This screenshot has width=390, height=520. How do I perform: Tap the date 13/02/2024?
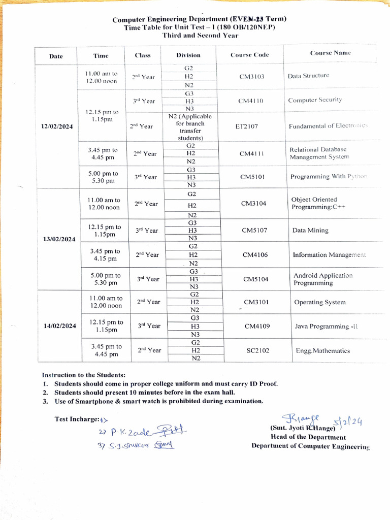(59, 239)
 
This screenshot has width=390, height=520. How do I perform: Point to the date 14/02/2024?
(60, 326)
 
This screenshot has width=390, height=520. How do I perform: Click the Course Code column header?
(249, 55)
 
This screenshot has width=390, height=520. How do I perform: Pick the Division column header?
(188, 55)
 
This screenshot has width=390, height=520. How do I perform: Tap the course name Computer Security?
(315, 100)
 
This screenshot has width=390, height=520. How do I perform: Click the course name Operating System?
(320, 302)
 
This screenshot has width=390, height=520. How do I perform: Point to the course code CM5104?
(255, 279)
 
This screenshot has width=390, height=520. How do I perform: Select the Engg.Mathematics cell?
(323, 350)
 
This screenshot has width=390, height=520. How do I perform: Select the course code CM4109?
(257, 326)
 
